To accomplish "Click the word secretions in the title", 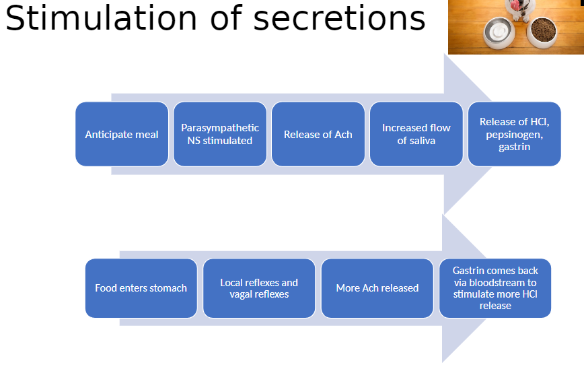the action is [x=339, y=19].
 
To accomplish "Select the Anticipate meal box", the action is [x=122, y=134].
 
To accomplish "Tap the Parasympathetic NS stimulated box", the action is [x=220, y=134].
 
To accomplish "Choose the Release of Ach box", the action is [x=318, y=134].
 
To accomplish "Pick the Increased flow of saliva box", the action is [x=416, y=134].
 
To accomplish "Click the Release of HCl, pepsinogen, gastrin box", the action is [x=514, y=134].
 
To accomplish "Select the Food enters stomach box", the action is [x=141, y=288].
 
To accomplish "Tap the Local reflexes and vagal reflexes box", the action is [x=259, y=288].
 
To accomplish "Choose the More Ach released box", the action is [x=377, y=288].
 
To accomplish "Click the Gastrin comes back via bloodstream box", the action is [x=495, y=288].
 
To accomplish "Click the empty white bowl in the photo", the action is [x=499, y=33].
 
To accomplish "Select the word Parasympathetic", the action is [x=220, y=128].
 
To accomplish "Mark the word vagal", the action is [x=241, y=294].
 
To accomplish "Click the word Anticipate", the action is [x=104, y=135].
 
